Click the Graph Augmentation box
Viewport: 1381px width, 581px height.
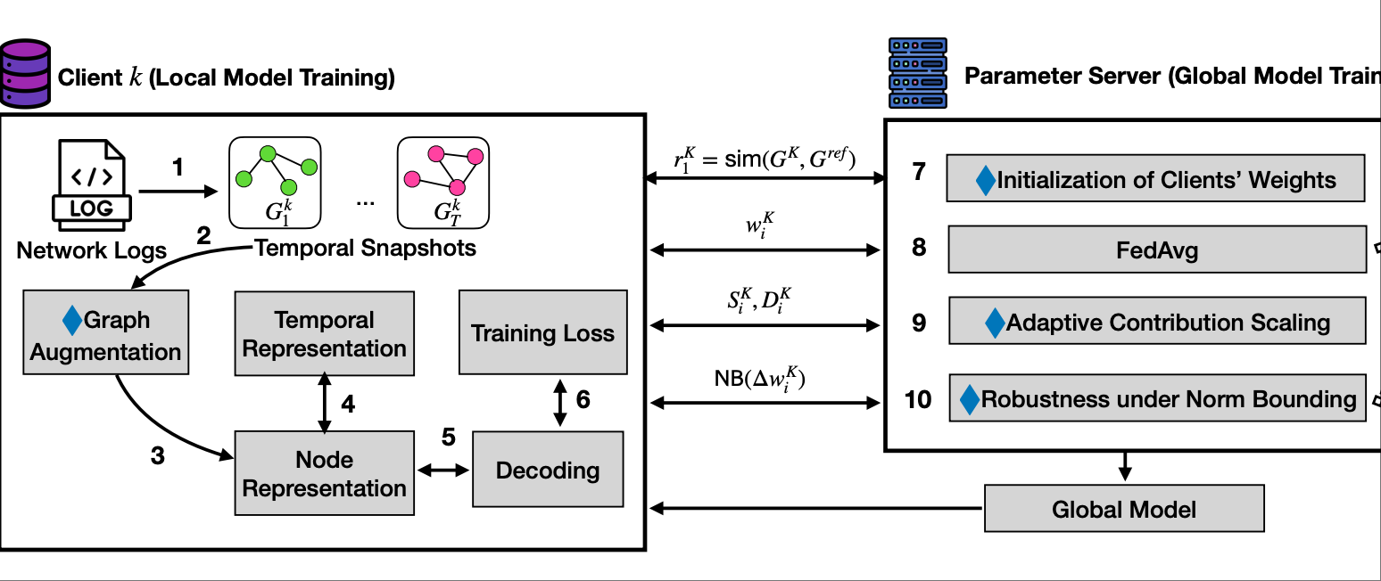coord(105,337)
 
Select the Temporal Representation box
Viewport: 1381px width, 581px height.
coord(324,334)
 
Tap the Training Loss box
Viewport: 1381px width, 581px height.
coord(542,332)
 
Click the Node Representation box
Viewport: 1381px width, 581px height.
coord(324,473)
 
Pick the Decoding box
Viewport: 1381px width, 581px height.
coord(547,470)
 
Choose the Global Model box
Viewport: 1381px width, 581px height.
coord(1124,510)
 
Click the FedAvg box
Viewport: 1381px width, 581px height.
coord(1156,250)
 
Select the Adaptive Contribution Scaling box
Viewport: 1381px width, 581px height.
coord(1156,322)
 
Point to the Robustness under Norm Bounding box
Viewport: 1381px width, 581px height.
coord(1156,398)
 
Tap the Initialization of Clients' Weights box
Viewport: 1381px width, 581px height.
coord(1156,179)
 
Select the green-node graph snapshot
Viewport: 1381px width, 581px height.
coord(275,181)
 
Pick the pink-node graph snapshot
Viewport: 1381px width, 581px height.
coord(442,181)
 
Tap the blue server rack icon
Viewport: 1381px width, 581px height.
coord(917,73)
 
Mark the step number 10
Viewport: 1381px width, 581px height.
coord(918,399)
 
